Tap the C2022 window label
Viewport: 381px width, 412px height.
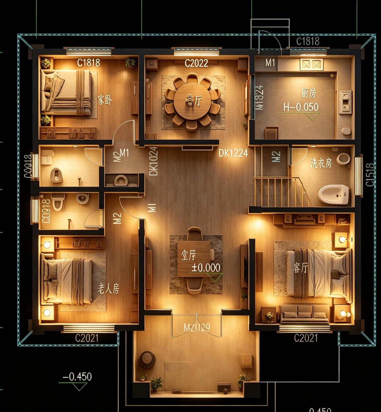[x=196, y=63]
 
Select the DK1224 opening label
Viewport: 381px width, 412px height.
[x=233, y=153]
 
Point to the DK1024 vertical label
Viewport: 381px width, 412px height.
[x=154, y=161]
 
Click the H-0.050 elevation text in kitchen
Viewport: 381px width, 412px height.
[x=301, y=107]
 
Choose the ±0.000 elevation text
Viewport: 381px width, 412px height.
[x=206, y=268]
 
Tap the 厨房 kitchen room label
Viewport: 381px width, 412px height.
[x=308, y=93]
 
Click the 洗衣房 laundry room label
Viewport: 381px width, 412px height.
[x=321, y=163]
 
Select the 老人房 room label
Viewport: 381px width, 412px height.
[x=108, y=288]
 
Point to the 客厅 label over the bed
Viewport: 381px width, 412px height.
[x=300, y=268]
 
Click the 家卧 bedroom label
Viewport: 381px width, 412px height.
[x=105, y=100]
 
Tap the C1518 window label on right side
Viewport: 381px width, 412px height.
[x=370, y=175]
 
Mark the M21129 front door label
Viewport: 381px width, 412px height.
[x=197, y=328]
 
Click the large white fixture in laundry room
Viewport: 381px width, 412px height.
[x=333, y=194]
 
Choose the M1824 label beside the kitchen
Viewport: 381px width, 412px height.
[x=260, y=98]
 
